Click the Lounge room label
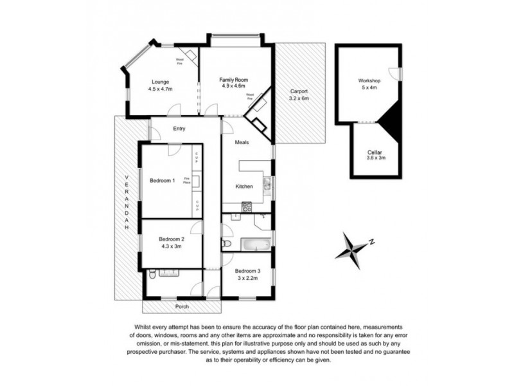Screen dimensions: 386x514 pyautogui.click(x=160, y=82)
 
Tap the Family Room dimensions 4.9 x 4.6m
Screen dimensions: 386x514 pyautogui.click(x=234, y=86)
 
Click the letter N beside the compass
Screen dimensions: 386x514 pyautogui.click(x=371, y=242)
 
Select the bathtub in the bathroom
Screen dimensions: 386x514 pyautogui.click(x=254, y=244)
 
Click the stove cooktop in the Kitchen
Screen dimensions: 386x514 pyautogui.click(x=246, y=207)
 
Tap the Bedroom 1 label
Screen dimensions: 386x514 pyautogui.click(x=162, y=181)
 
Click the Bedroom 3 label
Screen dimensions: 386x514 pyautogui.click(x=247, y=271)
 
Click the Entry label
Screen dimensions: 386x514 pyautogui.click(x=179, y=129)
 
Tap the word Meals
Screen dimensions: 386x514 pyautogui.click(x=242, y=142)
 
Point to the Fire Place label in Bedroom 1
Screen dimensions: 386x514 pyautogui.click(x=187, y=181)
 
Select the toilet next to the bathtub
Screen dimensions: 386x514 pyautogui.click(x=226, y=245)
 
